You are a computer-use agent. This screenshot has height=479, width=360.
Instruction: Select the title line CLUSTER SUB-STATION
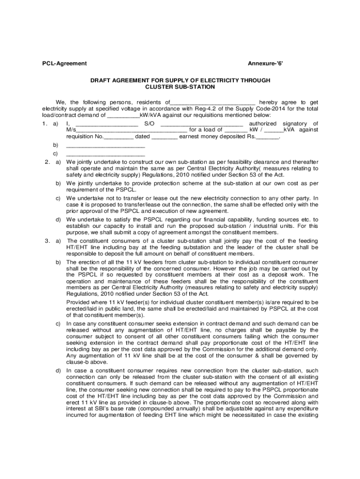pyautogui.click(x=180, y=87)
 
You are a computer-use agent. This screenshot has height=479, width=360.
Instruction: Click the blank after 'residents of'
pyautogui.click(x=213, y=102)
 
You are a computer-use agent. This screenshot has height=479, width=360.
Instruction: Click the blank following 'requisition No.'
pyautogui.click(x=118, y=137)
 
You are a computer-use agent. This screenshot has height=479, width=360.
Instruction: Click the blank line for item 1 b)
pyautogui.click(x=106, y=146)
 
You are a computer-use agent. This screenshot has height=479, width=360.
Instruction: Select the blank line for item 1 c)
pyautogui.click(x=106, y=154)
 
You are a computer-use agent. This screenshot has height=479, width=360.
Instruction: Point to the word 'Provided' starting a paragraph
pyautogui.click(x=79, y=302)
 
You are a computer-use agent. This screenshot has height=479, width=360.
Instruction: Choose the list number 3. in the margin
pyautogui.click(x=47, y=240)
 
